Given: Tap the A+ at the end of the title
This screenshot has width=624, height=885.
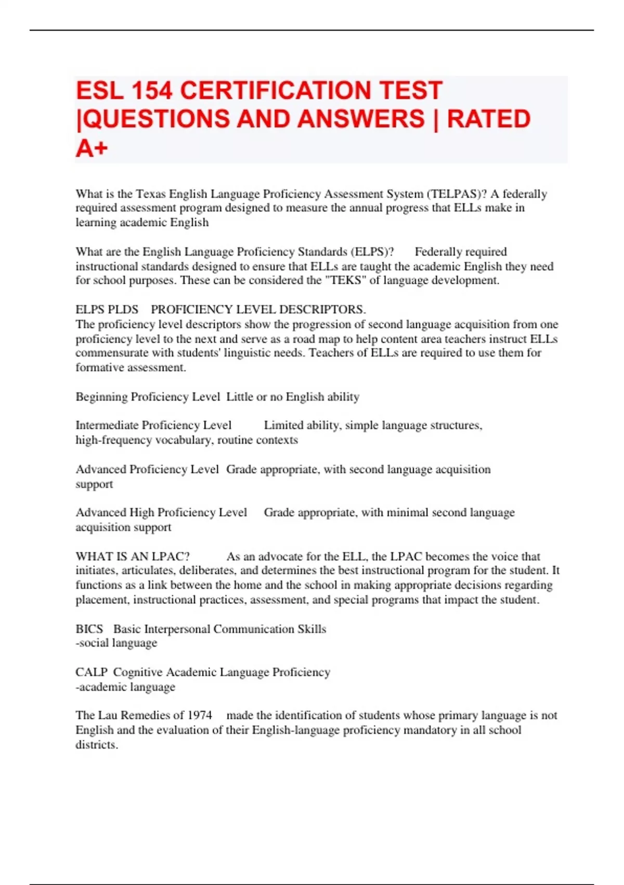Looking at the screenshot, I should click(92, 148).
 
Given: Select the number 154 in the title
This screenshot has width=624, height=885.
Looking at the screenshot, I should click(151, 91).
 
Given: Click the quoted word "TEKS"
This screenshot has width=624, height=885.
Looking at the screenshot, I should click(345, 281).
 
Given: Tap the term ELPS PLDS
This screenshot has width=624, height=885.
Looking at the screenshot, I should click(107, 310).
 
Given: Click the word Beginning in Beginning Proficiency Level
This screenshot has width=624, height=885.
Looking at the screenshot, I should click(101, 397).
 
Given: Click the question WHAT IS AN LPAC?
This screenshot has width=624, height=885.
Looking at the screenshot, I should click(133, 557).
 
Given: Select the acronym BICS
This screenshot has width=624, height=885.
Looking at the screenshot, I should click(89, 629).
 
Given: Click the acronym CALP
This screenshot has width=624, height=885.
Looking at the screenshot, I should click(91, 673).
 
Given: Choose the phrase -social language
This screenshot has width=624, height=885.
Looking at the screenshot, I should click(116, 643).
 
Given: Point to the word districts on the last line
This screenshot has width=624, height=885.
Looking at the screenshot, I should click(96, 745).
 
